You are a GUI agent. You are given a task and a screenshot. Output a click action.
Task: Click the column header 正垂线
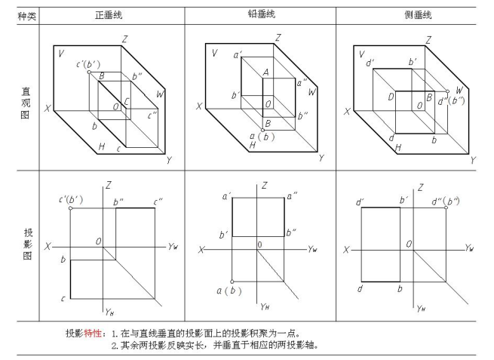[108, 14]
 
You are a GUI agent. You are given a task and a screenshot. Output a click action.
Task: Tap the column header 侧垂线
[418, 14]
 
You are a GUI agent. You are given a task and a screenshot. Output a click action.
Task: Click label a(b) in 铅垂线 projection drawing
[226, 291]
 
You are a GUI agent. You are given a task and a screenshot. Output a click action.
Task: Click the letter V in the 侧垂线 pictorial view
[363, 54]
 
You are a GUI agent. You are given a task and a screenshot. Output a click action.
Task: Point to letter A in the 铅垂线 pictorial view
[266, 72]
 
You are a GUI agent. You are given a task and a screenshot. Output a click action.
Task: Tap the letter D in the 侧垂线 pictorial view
[391, 97]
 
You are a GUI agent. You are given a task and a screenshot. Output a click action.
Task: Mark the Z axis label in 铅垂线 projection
[264, 185]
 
